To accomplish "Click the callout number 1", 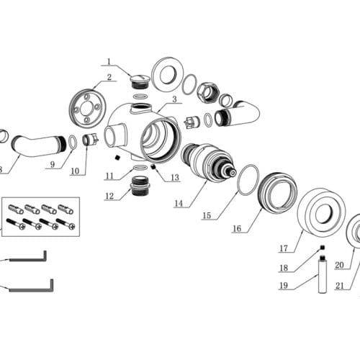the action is [x=109, y=61].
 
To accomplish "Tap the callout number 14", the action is [x=179, y=204].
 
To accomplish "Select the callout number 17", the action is [x=284, y=248].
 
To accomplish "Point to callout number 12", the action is [x=109, y=197].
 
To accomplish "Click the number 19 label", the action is [x=284, y=285].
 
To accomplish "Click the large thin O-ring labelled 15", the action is [x=248, y=180].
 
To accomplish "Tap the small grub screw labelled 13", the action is [x=153, y=166].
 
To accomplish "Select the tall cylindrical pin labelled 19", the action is [x=323, y=274].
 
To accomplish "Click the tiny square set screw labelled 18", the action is [x=323, y=247].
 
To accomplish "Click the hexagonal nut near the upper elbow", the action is [x=208, y=92].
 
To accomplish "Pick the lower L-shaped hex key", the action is [x=31, y=289].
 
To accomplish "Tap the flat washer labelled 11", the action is [x=140, y=168].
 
